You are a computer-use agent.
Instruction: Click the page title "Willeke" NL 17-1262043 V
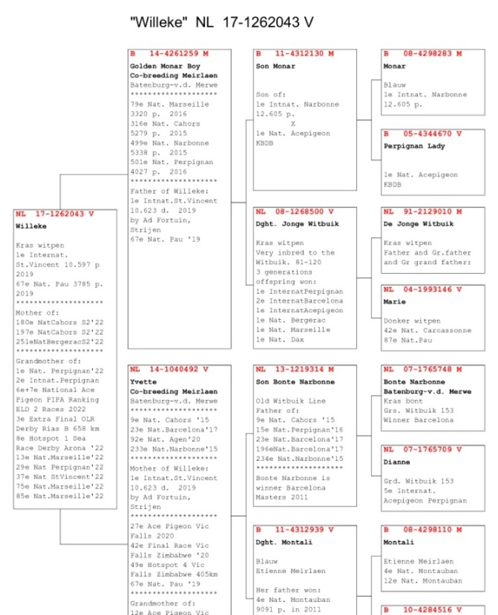[222, 22]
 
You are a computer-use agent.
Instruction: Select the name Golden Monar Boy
[165, 66]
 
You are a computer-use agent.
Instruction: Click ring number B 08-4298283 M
[423, 53]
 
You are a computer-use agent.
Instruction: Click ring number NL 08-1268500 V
[295, 211]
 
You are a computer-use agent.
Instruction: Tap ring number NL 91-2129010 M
[423, 211]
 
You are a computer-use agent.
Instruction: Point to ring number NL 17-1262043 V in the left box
[55, 213]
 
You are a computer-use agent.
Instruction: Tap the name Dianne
[397, 462]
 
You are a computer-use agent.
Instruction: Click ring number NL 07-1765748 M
[423, 369]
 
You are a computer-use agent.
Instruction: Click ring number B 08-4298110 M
[423, 530]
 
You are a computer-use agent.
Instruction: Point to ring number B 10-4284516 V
[423, 610]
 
